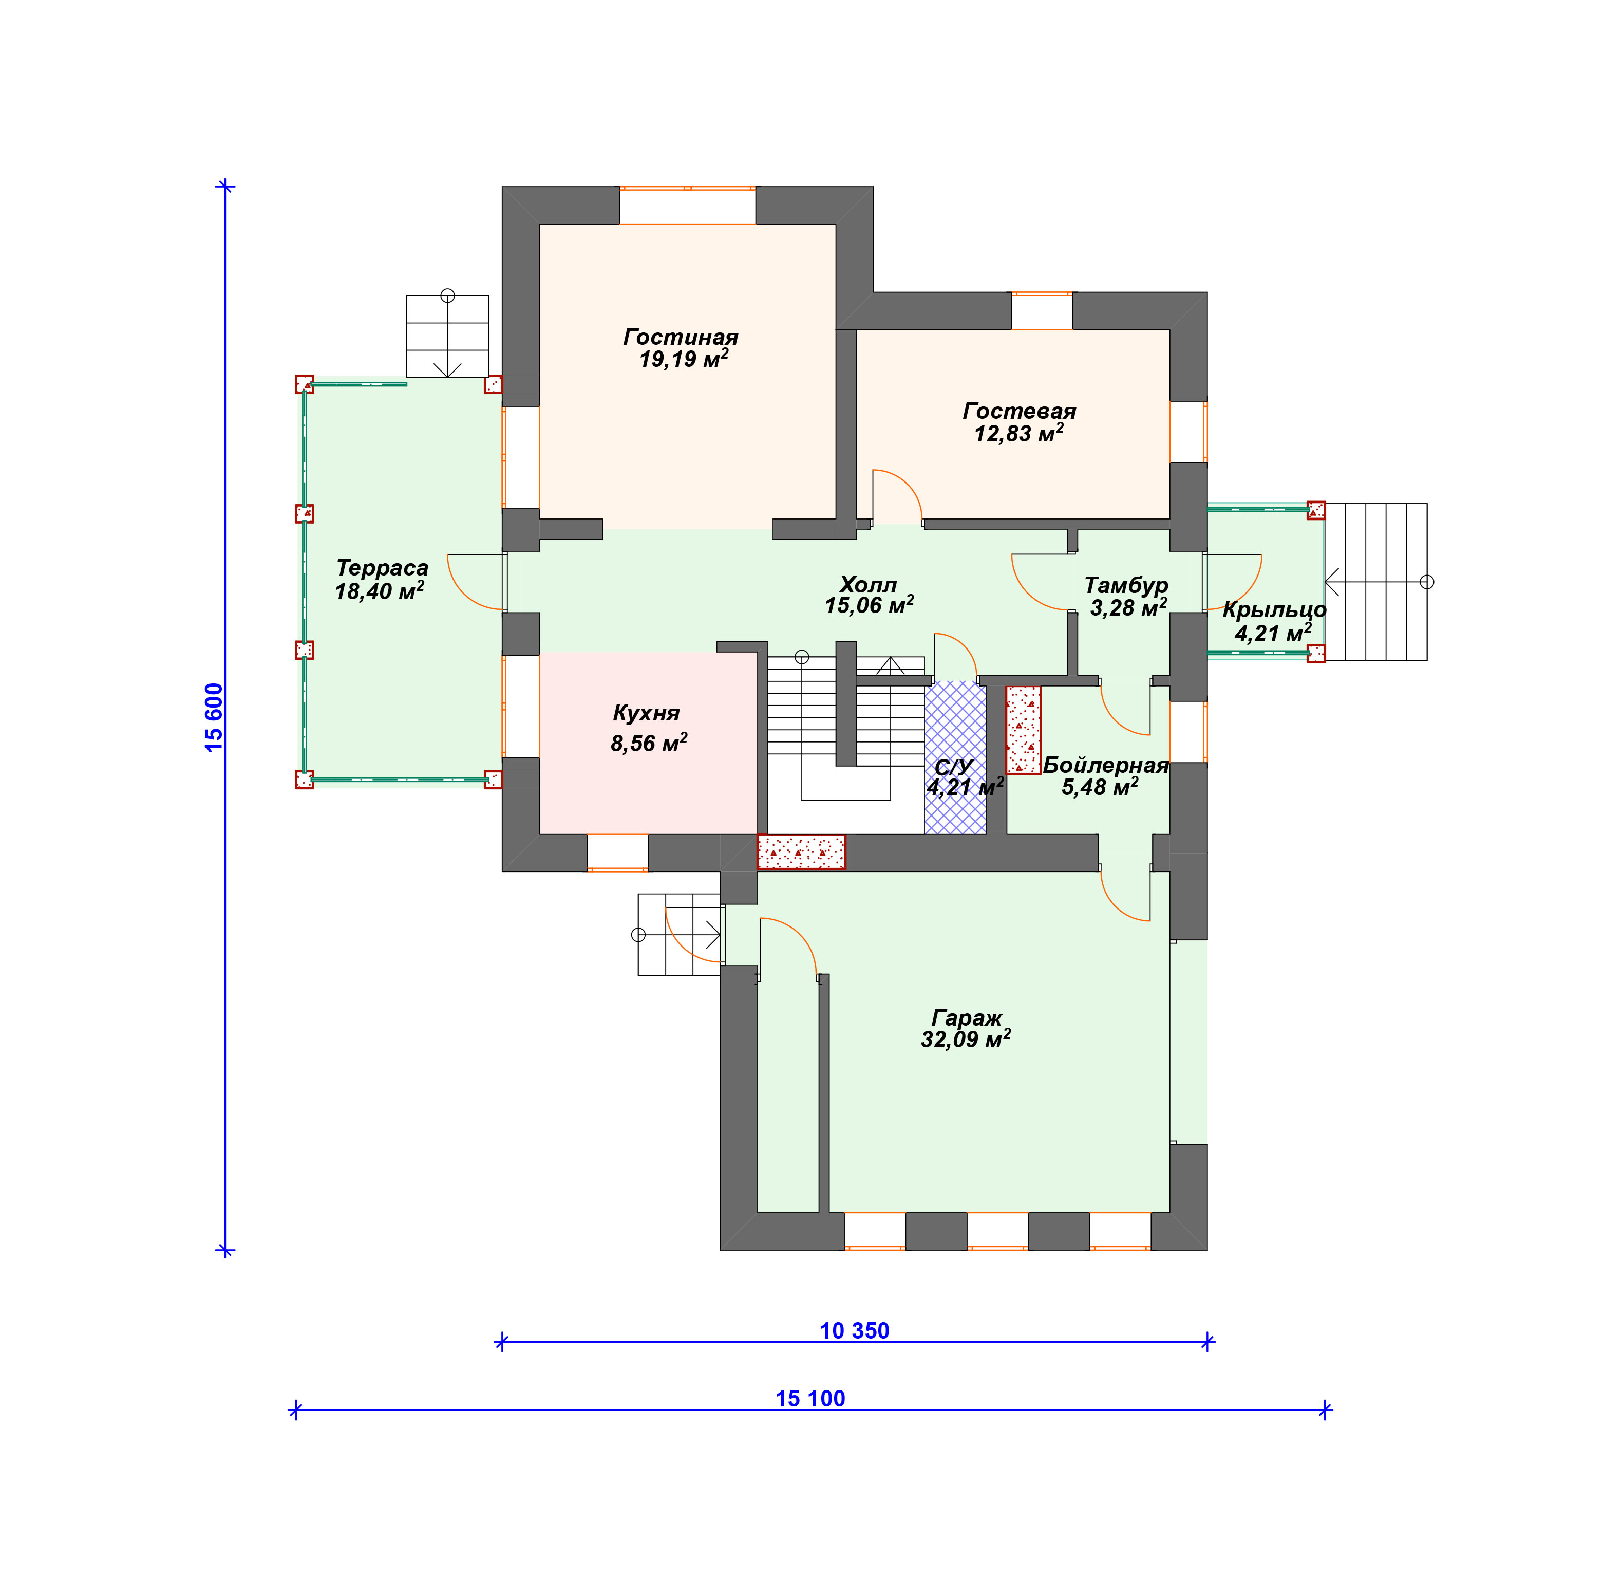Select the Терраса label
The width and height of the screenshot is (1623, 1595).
click(x=382, y=568)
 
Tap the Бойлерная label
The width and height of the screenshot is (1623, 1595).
click(x=1105, y=765)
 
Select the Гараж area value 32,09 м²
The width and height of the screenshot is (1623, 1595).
click(x=966, y=1039)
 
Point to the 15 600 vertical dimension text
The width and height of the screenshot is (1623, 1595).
click(x=214, y=717)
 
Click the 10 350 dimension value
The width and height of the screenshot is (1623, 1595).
click(x=854, y=1330)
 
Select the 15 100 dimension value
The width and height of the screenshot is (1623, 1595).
click(x=810, y=1398)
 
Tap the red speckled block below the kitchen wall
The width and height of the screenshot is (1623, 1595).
click(x=801, y=851)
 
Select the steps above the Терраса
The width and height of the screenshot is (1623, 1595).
click(x=447, y=336)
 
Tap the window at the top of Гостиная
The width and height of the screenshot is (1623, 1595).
click(x=687, y=205)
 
